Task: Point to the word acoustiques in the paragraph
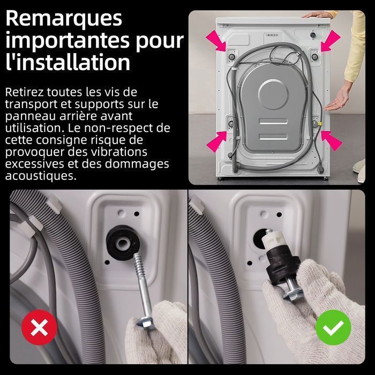coord(40,176)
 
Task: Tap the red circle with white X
coord(39,327)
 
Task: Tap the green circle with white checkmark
coord(333,327)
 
